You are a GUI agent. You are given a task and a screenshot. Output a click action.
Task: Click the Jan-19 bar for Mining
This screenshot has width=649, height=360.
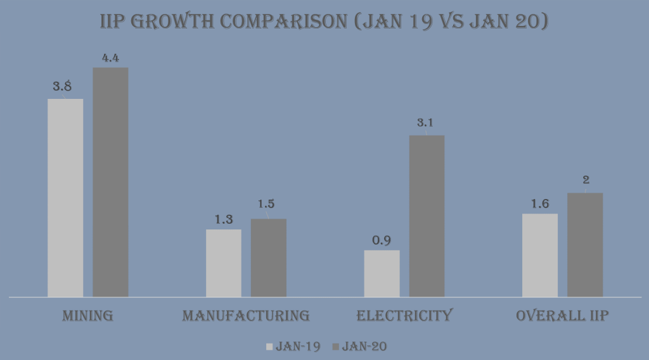pyautogui.click(x=65, y=197)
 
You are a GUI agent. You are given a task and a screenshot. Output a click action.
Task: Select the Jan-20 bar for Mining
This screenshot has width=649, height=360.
pyautogui.click(x=110, y=182)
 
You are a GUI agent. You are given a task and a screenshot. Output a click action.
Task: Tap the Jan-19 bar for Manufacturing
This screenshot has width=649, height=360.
pyautogui.click(x=224, y=262)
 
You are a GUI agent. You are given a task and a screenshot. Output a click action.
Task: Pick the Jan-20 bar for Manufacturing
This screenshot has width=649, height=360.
pyautogui.click(x=269, y=257)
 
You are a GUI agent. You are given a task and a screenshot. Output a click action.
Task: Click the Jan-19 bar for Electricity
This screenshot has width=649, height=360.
pyautogui.click(x=382, y=273)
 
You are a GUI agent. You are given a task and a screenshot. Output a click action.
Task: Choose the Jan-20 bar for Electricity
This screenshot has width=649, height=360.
pyautogui.click(x=427, y=215)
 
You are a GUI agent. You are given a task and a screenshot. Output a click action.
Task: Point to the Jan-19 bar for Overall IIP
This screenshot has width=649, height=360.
pyautogui.click(x=540, y=255)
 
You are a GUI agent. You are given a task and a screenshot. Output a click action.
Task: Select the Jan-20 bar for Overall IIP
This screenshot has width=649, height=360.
pyautogui.click(x=585, y=245)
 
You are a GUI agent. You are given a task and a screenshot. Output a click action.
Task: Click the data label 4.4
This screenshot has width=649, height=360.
pyautogui.click(x=110, y=58)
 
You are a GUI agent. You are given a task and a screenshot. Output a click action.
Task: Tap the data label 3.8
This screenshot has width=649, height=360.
pyautogui.click(x=63, y=88)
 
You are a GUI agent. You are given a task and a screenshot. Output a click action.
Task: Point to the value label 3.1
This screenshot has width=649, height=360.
pyautogui.click(x=425, y=123)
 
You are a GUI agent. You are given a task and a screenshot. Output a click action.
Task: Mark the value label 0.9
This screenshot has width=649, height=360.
pyautogui.click(x=382, y=241)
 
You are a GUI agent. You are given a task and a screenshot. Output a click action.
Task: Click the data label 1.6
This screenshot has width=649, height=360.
pyautogui.click(x=540, y=203)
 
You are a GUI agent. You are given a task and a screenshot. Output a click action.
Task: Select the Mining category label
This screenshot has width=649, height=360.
pyautogui.click(x=87, y=316)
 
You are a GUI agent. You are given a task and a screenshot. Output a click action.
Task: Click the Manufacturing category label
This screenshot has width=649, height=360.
pyautogui.click(x=246, y=316)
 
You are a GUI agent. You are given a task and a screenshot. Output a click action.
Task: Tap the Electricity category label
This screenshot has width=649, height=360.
pyautogui.click(x=404, y=316)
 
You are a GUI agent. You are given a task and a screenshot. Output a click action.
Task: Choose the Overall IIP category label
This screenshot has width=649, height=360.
pyautogui.click(x=562, y=316)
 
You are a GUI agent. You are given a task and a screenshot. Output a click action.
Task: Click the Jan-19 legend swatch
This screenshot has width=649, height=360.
pyautogui.click(x=269, y=347)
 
